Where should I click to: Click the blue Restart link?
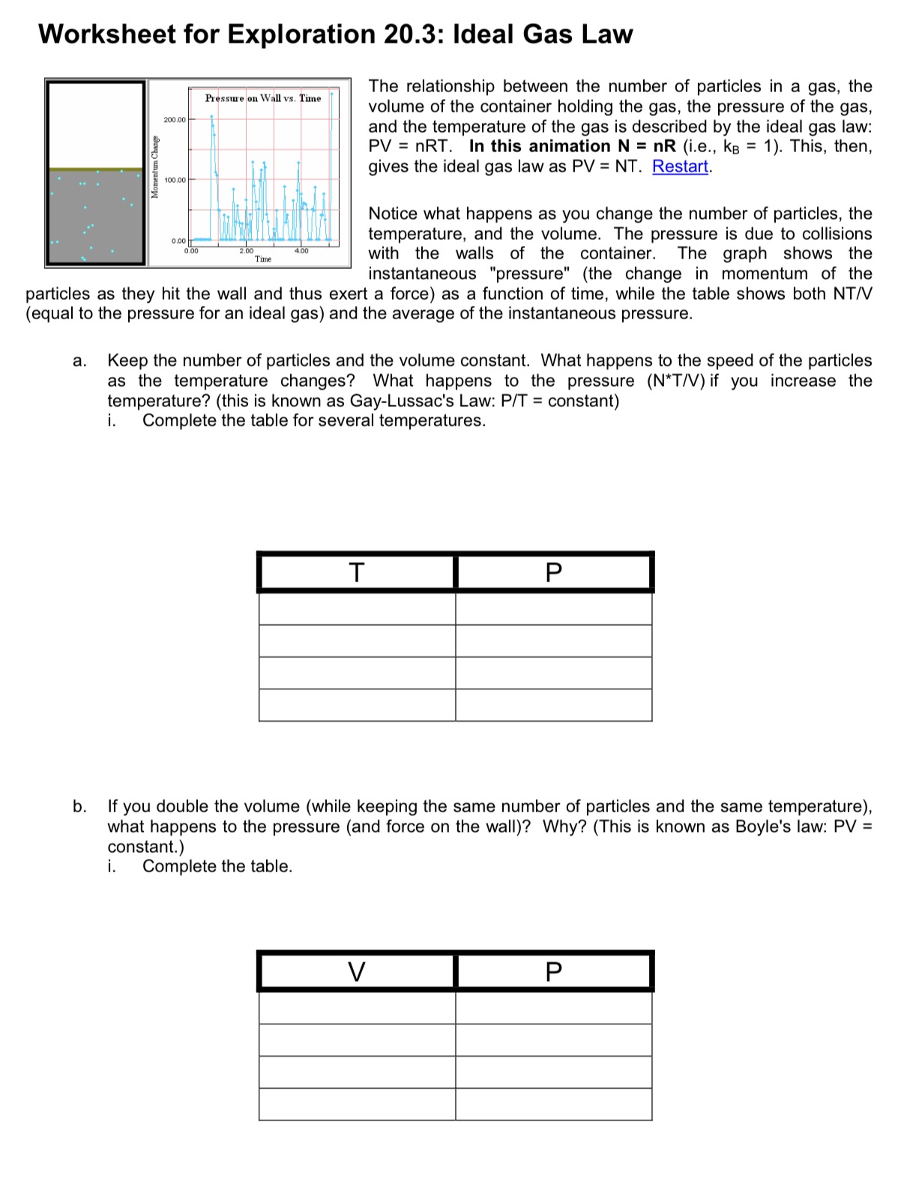pyautogui.click(x=680, y=167)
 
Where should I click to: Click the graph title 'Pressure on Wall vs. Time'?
pyautogui.click(x=263, y=98)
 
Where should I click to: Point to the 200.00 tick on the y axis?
pyautogui.click(x=175, y=120)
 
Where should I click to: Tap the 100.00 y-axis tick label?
pyautogui.click(x=175, y=181)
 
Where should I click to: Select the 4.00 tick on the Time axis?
pyautogui.click(x=301, y=251)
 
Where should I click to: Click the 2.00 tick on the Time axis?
pyautogui.click(x=246, y=251)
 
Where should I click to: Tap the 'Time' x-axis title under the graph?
pyautogui.click(x=263, y=259)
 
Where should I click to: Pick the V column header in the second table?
pyautogui.click(x=357, y=972)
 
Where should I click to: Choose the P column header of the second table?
pyautogui.click(x=553, y=972)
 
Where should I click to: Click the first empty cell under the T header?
pyautogui.click(x=357, y=608)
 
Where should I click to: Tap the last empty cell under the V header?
pyautogui.click(x=357, y=1105)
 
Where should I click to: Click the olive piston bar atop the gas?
pyautogui.click(x=95, y=170)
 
